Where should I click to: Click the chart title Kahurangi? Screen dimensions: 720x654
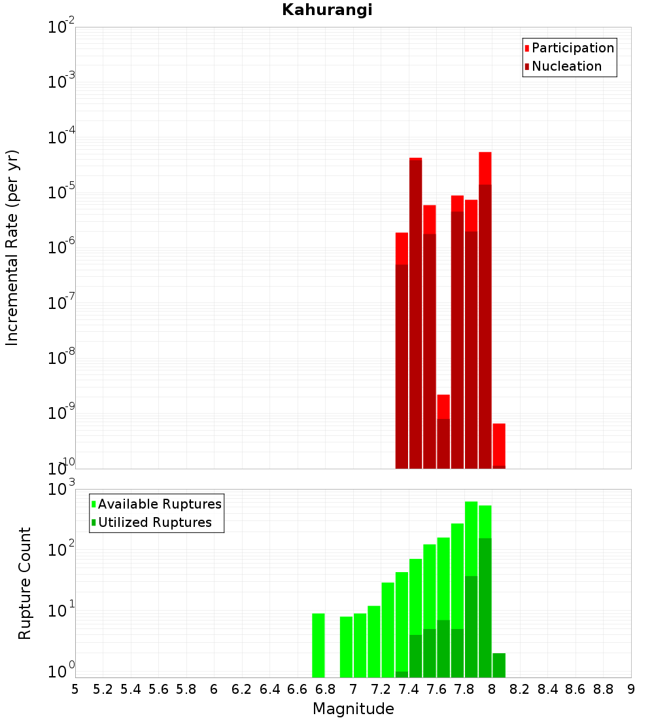point(327,10)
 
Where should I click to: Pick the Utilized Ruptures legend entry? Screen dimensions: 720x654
point(154,522)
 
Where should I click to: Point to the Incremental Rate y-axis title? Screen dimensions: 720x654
point(12,247)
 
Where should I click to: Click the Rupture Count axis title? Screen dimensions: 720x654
point(25,583)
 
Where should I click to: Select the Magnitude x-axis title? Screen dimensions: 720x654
point(353,709)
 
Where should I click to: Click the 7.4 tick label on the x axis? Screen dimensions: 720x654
point(409,689)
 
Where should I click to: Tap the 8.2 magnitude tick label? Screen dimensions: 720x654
point(520,689)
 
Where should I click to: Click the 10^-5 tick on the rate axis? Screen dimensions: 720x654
point(60,193)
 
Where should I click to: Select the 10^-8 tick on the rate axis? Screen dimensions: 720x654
point(60,359)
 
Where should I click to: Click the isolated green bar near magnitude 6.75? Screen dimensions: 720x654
point(318,645)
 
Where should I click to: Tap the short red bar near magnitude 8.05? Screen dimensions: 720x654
point(499,445)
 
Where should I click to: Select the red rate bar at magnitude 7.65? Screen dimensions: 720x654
point(443,432)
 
